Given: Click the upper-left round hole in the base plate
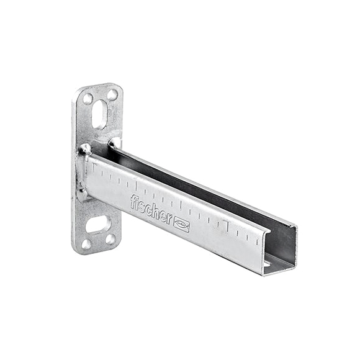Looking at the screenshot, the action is [x=88, y=99].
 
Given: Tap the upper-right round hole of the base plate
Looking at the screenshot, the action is [x=112, y=94].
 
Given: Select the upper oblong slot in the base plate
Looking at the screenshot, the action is [x=100, y=114].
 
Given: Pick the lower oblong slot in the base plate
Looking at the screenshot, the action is [x=98, y=224].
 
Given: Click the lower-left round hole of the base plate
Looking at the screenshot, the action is [x=86, y=244].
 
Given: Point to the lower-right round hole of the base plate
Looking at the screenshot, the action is [x=110, y=239].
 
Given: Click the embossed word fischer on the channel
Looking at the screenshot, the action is [x=151, y=209].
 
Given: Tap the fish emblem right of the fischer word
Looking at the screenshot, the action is [x=182, y=224].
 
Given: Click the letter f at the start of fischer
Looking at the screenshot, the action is [x=133, y=202].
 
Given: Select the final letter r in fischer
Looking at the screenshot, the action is [x=169, y=218].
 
